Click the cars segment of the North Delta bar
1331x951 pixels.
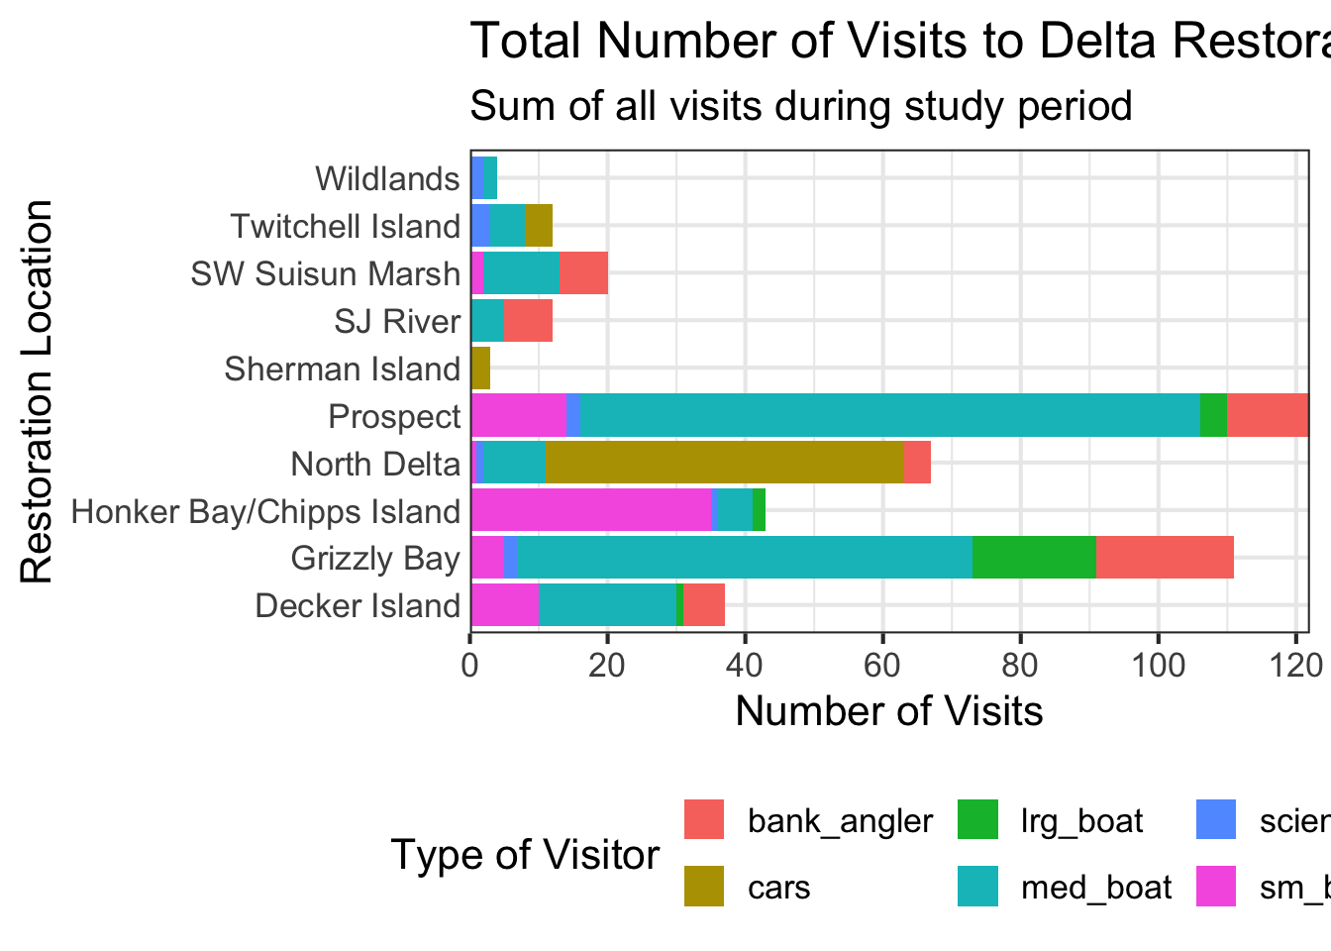[x=725, y=464]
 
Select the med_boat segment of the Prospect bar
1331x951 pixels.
[x=889, y=415]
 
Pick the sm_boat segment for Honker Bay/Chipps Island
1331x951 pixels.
[x=590, y=510]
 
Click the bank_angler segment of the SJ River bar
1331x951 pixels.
[x=528, y=321]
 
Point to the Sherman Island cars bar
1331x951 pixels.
[x=480, y=369]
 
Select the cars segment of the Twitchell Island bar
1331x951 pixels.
[x=538, y=226]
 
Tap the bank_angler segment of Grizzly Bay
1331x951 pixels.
[x=1165, y=558]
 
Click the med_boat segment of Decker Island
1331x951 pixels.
[x=607, y=605]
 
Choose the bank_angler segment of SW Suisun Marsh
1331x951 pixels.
[x=583, y=273]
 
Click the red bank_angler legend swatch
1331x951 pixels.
[x=704, y=820]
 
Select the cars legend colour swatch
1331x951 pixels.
[x=704, y=886]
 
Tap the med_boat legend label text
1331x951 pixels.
[x=1096, y=887]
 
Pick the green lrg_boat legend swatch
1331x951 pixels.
[x=978, y=820]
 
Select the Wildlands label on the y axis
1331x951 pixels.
[x=387, y=179]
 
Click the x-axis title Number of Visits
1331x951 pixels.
[x=888, y=711]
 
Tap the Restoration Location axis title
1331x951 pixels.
[x=37, y=392]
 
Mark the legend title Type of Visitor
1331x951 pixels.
[x=525, y=854]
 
